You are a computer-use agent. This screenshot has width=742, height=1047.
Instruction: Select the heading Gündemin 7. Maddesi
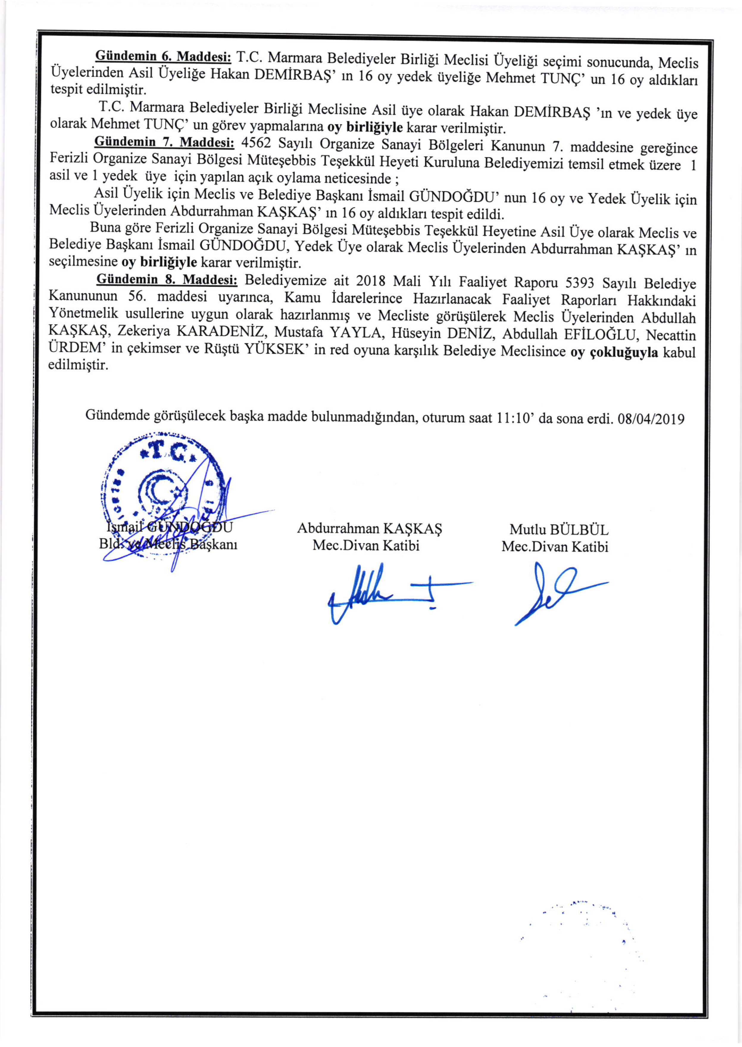[164, 142]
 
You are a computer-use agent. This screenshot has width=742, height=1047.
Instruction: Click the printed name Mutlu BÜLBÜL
[559, 530]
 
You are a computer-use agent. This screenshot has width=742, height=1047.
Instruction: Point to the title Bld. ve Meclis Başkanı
[168, 544]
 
